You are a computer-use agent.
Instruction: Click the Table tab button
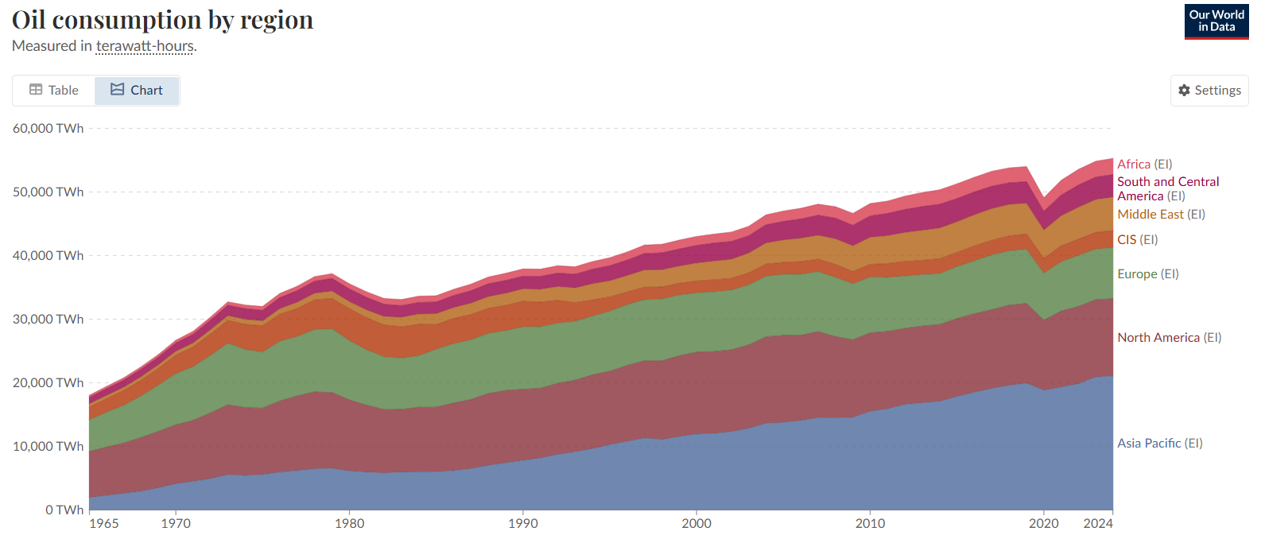tap(54, 91)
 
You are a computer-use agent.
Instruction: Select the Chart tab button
tap(137, 91)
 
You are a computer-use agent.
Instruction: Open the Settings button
tap(1209, 91)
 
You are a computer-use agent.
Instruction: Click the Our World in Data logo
tap(1216, 21)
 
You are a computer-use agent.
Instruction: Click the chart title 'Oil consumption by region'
tap(163, 20)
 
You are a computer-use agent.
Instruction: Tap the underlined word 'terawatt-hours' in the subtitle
tap(145, 46)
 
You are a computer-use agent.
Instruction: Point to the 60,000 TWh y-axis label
tap(48, 129)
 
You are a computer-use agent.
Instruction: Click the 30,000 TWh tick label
tap(48, 320)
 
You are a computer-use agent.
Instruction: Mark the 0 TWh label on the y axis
tap(64, 510)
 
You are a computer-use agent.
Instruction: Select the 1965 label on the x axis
tap(104, 524)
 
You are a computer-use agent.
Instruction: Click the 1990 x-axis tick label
tap(523, 524)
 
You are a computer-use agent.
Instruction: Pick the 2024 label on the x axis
tap(1098, 524)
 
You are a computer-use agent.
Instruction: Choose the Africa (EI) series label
tap(1144, 165)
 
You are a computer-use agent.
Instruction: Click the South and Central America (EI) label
tap(1167, 189)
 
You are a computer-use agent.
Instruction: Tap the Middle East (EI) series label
tap(1161, 215)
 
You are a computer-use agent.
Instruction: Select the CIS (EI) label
tap(1137, 240)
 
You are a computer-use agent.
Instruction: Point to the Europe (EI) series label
tap(1147, 274)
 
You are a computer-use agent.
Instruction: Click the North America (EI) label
tap(1169, 338)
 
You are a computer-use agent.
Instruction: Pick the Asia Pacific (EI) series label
tap(1159, 444)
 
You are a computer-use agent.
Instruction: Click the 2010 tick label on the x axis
tap(870, 524)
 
